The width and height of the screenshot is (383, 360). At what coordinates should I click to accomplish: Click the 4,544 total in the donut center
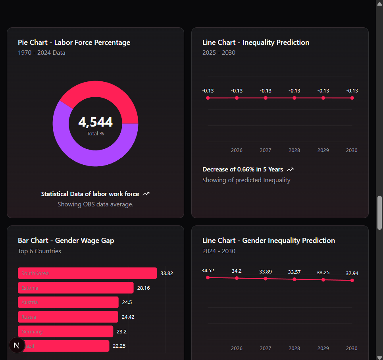tap(95, 122)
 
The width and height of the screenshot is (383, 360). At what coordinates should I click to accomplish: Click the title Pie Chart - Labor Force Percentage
tap(74, 42)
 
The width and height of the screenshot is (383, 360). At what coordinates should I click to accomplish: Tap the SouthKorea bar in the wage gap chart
tap(87, 273)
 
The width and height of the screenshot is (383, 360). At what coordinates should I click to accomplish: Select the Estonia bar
tap(75, 288)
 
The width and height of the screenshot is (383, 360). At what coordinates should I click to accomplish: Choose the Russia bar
tap(68, 317)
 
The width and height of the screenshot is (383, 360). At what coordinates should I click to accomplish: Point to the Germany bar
tap(65, 331)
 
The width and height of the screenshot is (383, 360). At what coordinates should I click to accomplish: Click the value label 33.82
tap(167, 273)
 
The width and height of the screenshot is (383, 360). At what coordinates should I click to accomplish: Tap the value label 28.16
tap(143, 288)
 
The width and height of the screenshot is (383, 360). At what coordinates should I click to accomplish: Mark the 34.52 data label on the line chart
tap(208, 271)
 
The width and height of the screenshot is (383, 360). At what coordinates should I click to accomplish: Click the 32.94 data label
tap(352, 273)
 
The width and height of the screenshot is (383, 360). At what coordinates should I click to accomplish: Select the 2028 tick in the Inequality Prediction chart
tap(294, 150)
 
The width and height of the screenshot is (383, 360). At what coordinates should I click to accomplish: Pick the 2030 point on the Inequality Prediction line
tap(352, 98)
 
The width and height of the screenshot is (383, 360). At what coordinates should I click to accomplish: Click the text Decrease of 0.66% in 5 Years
tap(243, 169)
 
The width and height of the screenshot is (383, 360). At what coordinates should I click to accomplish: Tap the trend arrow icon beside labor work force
tap(146, 194)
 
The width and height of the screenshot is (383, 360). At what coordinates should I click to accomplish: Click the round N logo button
tap(17, 345)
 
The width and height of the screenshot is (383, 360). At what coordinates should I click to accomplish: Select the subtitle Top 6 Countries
tap(39, 251)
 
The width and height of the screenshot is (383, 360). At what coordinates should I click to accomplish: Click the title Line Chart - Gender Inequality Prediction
tap(269, 241)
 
